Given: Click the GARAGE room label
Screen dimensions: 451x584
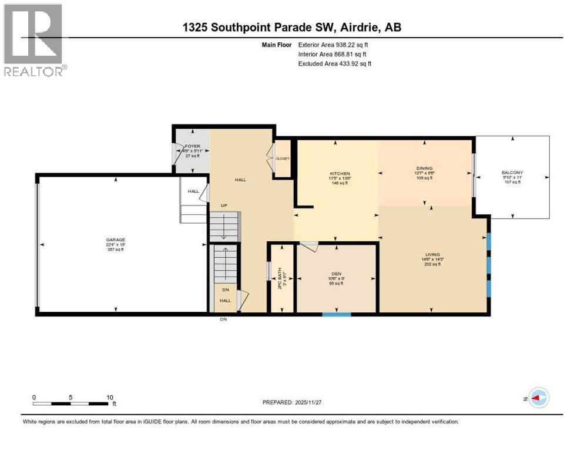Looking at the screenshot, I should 115,240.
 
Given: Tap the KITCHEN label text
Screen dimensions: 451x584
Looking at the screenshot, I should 340,174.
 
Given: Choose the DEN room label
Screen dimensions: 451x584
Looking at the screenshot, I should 334,274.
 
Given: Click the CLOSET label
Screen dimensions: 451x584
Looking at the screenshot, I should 283,158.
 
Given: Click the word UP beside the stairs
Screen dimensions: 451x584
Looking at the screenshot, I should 224,206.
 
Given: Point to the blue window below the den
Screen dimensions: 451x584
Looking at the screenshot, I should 336,315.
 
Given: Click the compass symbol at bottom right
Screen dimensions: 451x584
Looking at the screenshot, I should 538,398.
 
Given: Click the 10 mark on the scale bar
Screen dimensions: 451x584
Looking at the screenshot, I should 110,397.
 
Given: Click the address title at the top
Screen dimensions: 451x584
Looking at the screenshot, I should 292,27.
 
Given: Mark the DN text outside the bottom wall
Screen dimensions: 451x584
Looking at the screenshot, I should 223,319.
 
